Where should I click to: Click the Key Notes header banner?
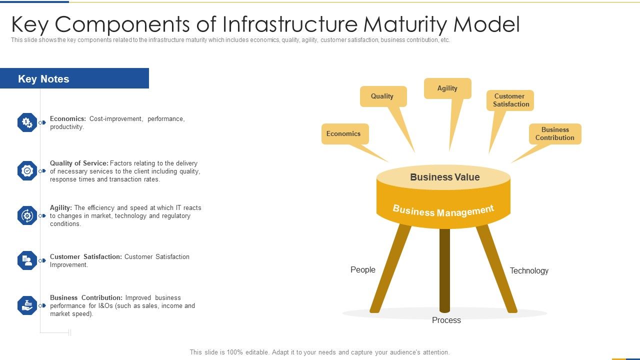[74, 78]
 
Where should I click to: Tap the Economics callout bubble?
[344, 134]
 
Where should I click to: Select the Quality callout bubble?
[383, 96]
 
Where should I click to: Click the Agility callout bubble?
[447, 88]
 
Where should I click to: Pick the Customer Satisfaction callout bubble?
[510, 100]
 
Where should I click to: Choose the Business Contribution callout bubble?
[555, 134]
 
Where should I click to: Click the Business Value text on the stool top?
[444, 177]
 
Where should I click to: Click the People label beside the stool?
[363, 270]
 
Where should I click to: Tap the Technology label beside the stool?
[529, 271]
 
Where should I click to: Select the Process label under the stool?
[446, 320]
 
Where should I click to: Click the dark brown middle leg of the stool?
[444, 270]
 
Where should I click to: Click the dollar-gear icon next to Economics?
[27, 122]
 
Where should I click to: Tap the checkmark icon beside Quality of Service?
[27, 171]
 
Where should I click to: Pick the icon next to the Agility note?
[27, 215]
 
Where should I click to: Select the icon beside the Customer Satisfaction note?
[27, 260]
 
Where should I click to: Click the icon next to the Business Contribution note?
[27, 305]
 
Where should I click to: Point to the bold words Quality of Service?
[79, 163]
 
